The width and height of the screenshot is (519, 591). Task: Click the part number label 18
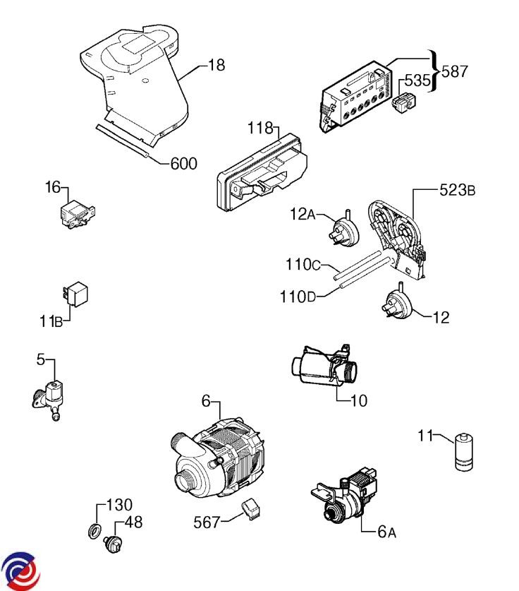tap(216, 65)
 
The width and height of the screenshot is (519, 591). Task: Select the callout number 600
tap(183, 164)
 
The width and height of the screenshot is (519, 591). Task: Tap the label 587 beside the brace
tap(454, 71)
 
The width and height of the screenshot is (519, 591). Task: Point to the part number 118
tap(260, 128)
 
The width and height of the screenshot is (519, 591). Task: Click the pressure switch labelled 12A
tap(344, 231)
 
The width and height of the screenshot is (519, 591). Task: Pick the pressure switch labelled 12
tap(397, 303)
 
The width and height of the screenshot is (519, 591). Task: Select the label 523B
tap(457, 190)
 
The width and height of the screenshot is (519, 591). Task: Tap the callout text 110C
tap(303, 265)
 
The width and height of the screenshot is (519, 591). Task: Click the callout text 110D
tap(298, 297)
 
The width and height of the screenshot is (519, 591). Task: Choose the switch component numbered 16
tap(78, 213)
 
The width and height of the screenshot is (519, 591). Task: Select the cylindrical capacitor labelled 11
tap(464, 452)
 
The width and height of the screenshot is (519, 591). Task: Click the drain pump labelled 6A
tap(344, 497)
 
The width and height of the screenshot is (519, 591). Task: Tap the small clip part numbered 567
tap(252, 509)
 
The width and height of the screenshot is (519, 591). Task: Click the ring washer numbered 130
tap(94, 531)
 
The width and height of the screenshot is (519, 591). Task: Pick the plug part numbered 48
tap(114, 544)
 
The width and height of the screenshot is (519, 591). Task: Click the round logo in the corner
tap(20, 571)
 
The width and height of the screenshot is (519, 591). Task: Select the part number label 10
tap(359, 400)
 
